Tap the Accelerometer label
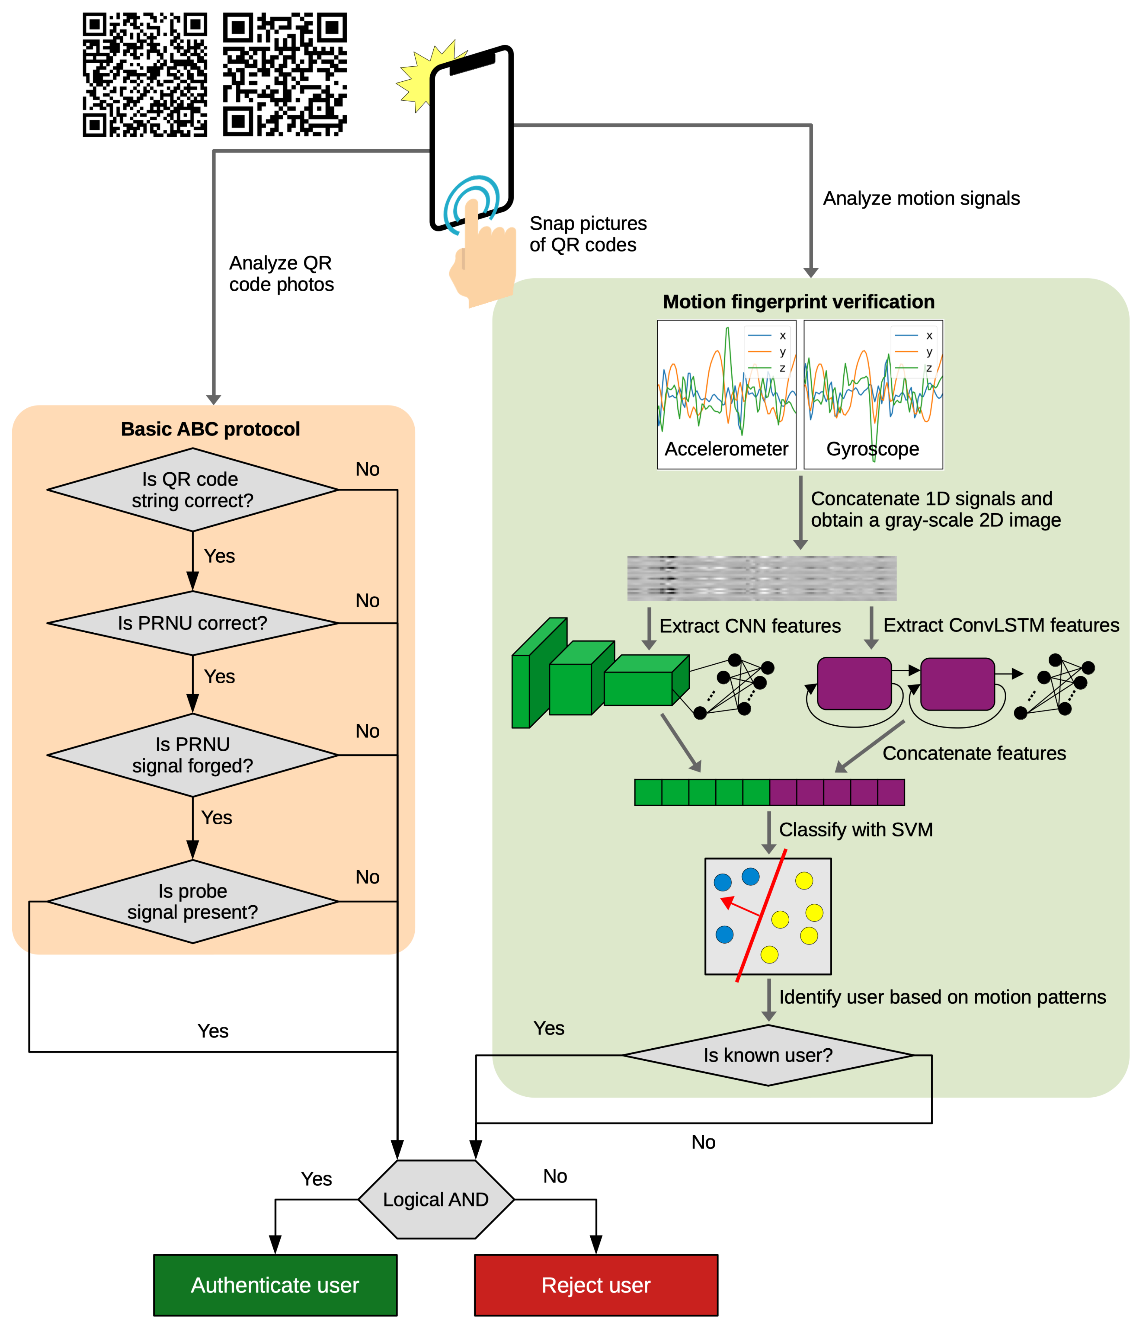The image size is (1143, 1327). point(726,448)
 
